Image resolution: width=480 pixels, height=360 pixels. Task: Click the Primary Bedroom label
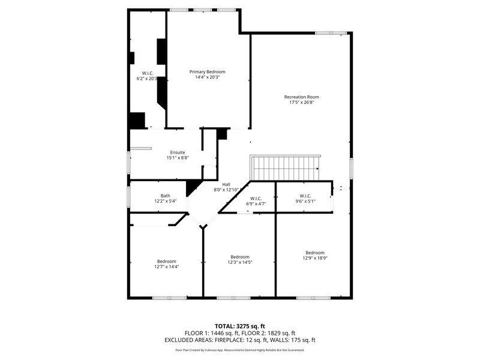click(x=208, y=71)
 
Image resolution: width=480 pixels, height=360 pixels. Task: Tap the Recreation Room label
click(x=301, y=97)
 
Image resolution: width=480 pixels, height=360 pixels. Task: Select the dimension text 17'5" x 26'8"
click(x=301, y=103)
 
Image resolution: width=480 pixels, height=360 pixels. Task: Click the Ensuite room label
click(x=177, y=152)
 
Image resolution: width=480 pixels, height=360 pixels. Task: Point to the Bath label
click(x=165, y=196)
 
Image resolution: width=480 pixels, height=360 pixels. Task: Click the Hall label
click(x=226, y=184)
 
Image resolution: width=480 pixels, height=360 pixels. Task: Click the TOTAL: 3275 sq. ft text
click(x=239, y=326)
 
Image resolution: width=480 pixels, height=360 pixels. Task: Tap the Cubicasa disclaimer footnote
click(x=239, y=350)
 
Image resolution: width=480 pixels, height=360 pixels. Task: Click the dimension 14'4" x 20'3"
click(x=208, y=77)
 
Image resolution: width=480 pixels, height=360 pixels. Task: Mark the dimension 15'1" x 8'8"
click(x=177, y=158)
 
